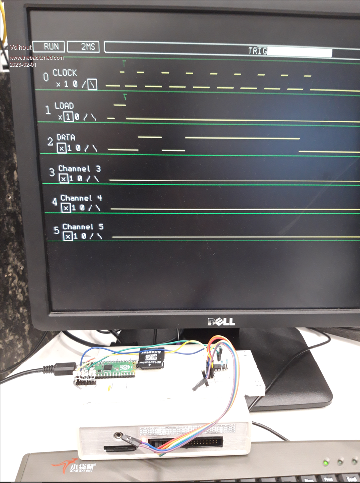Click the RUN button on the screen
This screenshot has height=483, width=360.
point(51,47)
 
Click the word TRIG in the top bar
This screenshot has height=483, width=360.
point(258,51)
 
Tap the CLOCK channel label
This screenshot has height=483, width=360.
point(65,73)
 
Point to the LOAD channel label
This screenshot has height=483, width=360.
point(64,106)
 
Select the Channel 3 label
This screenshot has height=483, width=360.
point(79,169)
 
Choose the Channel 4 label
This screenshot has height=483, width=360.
point(82,198)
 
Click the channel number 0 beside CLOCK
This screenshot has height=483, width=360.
point(46,78)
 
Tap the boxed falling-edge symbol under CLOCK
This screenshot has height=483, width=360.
point(92,85)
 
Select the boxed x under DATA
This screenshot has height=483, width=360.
point(61,148)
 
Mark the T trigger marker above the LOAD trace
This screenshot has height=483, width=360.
point(125,96)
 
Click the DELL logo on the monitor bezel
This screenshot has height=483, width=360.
point(221,322)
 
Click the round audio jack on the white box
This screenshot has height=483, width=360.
point(119,436)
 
